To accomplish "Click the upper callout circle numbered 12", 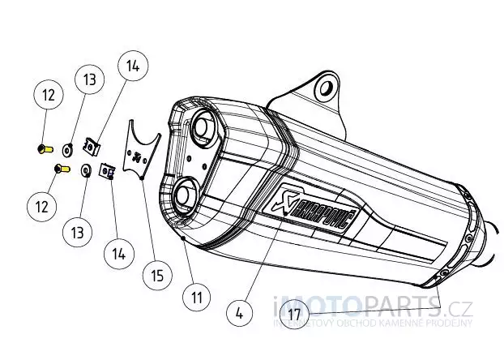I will pyautogui.click(x=48, y=96).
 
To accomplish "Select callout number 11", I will pyautogui.click(x=195, y=297).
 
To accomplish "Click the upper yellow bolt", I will pyautogui.click(x=44, y=148).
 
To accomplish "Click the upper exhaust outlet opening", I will pyautogui.click(x=204, y=131).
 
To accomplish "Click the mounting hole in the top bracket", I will pyautogui.click(x=326, y=87).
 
